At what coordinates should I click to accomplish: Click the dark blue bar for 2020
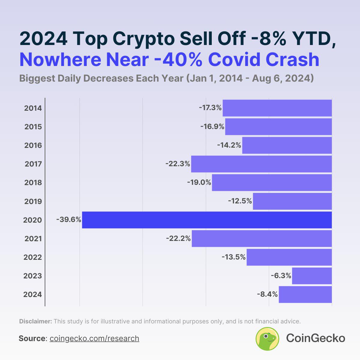point(207,220)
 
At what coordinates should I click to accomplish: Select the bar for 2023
point(312,276)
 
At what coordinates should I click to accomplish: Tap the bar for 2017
point(261,164)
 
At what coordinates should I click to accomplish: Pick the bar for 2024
point(305,294)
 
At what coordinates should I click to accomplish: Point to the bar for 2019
point(292,201)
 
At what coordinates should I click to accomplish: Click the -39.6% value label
point(69,220)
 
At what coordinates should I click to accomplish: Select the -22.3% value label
point(178,164)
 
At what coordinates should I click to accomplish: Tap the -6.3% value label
point(281,276)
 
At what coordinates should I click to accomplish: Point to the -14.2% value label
point(229,145)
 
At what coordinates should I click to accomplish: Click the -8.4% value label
point(267,294)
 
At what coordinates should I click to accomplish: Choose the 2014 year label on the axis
point(33,108)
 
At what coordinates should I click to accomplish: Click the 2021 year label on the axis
point(33,239)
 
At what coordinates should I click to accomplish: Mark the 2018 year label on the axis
point(33,183)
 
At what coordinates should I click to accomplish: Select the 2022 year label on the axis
point(33,257)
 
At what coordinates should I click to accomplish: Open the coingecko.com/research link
point(94,338)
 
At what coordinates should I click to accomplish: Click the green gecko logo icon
point(267,339)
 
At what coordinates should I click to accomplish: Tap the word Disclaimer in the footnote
point(35,321)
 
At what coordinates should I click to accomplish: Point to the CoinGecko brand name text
point(315,338)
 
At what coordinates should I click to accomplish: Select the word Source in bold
point(32,338)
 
